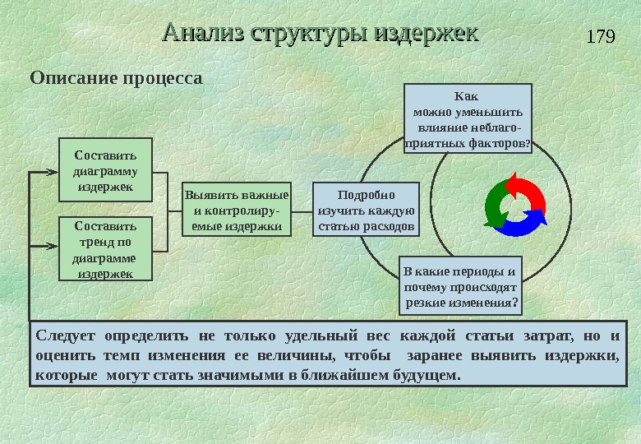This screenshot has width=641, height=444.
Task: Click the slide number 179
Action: tap(602, 37)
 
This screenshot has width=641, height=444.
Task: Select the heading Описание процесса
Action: tap(115, 79)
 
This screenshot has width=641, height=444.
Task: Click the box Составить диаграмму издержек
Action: tap(105, 170)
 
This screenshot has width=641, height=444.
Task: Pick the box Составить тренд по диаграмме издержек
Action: tap(105, 247)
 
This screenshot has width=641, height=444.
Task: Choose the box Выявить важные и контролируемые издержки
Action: tap(236, 210)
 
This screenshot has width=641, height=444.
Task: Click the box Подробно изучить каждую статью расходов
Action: tap(367, 210)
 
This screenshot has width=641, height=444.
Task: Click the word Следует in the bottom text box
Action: tap(66, 337)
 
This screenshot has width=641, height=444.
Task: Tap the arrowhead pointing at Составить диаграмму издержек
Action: tap(55, 173)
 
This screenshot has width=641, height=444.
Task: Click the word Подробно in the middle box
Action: tap(367, 195)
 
